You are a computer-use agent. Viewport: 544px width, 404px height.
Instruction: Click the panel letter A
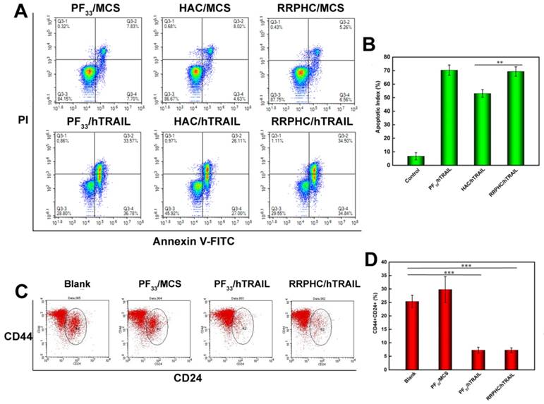click(x=23, y=12)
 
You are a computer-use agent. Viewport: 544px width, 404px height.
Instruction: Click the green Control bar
click(x=416, y=160)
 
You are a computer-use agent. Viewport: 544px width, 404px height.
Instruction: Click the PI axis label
click(x=24, y=121)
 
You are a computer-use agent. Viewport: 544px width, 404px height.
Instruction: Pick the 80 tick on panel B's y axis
click(x=396, y=57)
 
